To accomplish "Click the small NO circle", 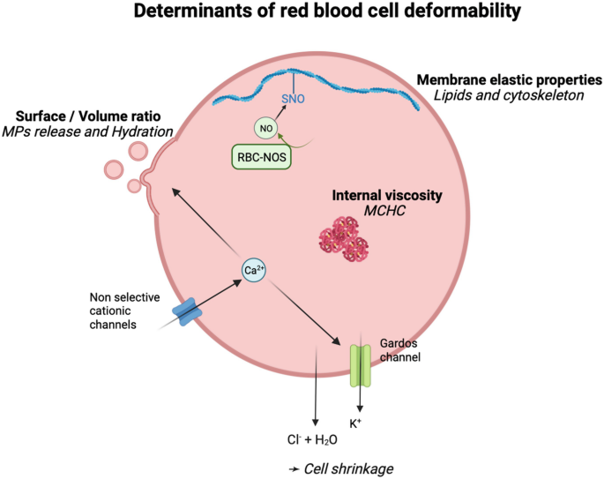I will point(265,129).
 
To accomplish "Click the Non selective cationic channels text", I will point(124,311).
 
